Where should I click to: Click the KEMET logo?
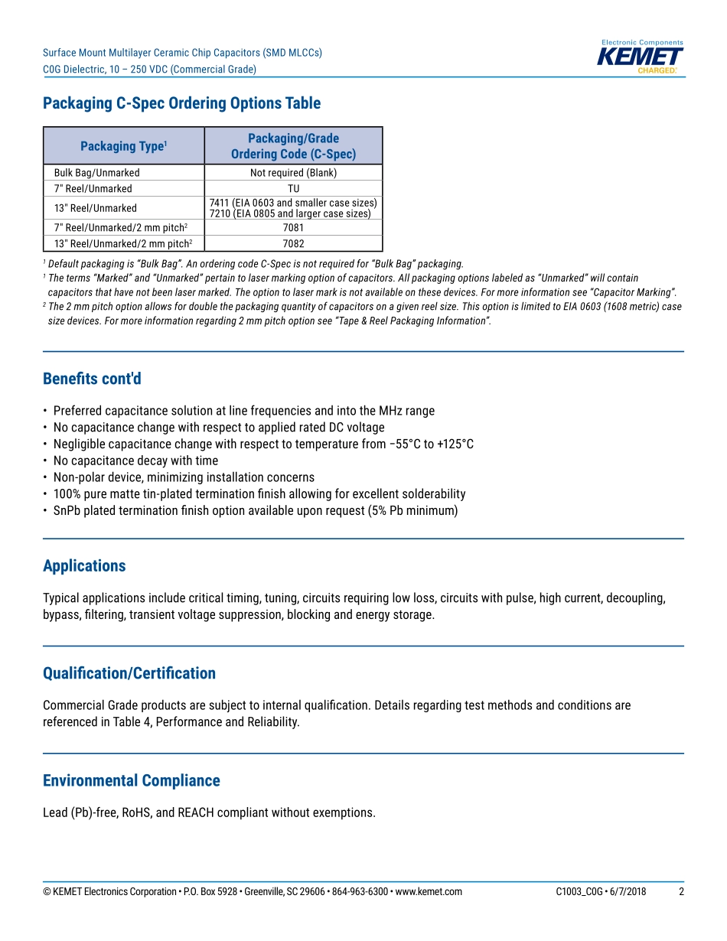click(640, 58)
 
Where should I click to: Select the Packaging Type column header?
click(123, 146)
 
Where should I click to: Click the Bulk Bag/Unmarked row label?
click(96, 173)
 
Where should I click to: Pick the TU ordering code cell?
click(293, 189)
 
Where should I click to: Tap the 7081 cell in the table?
click(293, 228)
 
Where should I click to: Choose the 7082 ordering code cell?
click(293, 244)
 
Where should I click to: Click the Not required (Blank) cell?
click(293, 173)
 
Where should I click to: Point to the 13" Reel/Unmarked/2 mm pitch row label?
click(122, 244)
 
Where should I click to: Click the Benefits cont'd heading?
click(92, 379)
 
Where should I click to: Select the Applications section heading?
click(84, 566)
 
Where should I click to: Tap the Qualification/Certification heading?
click(129, 673)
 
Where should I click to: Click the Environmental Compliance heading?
click(132, 781)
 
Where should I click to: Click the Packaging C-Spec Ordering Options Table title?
click(181, 103)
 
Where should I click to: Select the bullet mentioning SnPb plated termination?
click(255, 510)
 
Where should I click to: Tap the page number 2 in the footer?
click(681, 892)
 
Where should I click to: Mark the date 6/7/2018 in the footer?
click(628, 892)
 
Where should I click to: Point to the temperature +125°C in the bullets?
click(455, 444)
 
